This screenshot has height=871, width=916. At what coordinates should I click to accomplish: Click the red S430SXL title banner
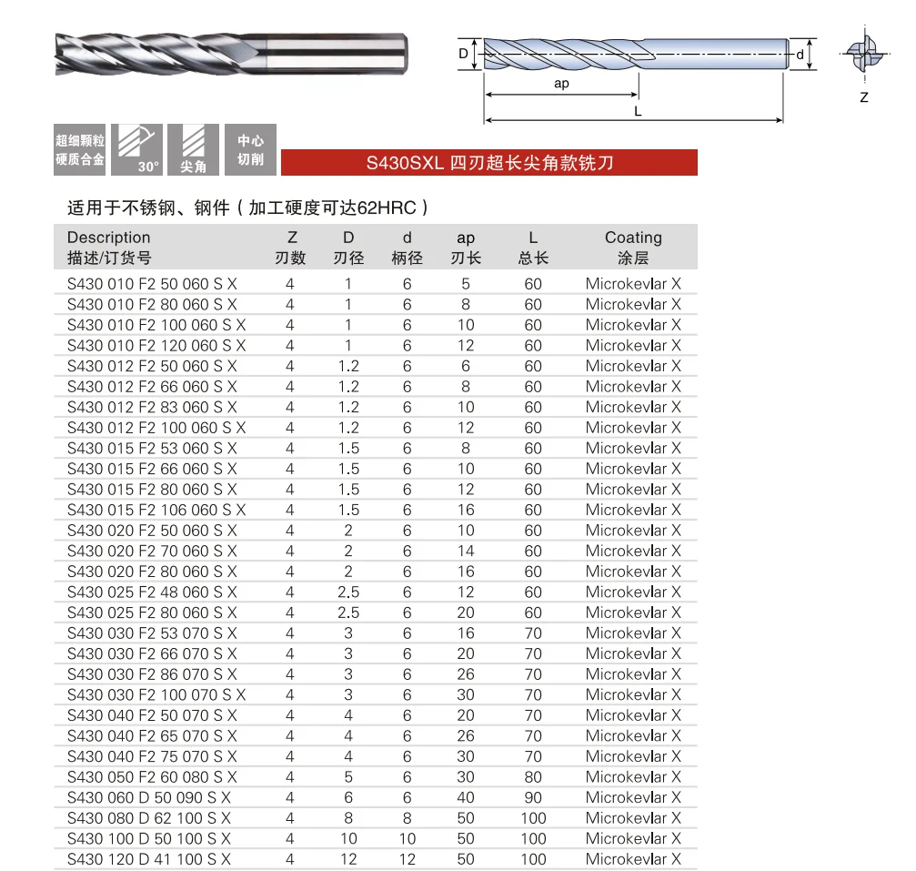click(x=489, y=163)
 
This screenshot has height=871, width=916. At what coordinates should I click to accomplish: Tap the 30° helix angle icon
click(x=136, y=149)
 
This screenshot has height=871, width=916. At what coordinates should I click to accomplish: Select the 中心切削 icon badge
click(x=251, y=149)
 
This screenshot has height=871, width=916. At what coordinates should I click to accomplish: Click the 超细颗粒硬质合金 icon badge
click(x=79, y=149)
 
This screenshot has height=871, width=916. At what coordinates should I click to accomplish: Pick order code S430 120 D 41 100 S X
click(x=149, y=859)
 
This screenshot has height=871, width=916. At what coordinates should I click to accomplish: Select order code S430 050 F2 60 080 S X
click(x=152, y=777)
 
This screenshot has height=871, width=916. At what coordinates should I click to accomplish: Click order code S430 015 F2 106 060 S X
click(x=156, y=510)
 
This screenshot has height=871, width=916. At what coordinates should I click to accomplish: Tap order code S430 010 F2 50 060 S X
click(x=152, y=284)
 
